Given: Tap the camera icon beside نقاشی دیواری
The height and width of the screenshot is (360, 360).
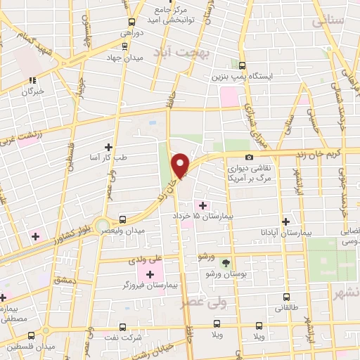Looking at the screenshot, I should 249,157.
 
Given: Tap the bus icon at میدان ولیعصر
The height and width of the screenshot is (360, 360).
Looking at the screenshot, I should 123,219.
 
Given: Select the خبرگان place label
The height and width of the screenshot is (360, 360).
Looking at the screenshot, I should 33,91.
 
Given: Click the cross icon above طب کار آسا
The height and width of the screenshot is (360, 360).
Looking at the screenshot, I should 108,147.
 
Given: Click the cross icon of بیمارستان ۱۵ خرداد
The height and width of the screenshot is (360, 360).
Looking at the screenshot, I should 203,205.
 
